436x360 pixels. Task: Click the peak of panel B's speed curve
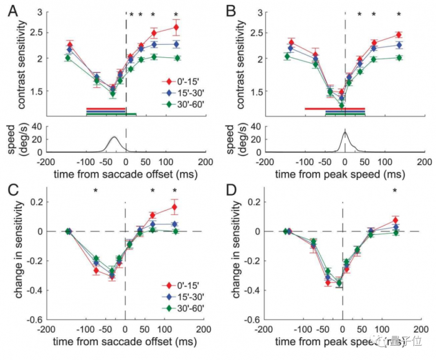344,132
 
